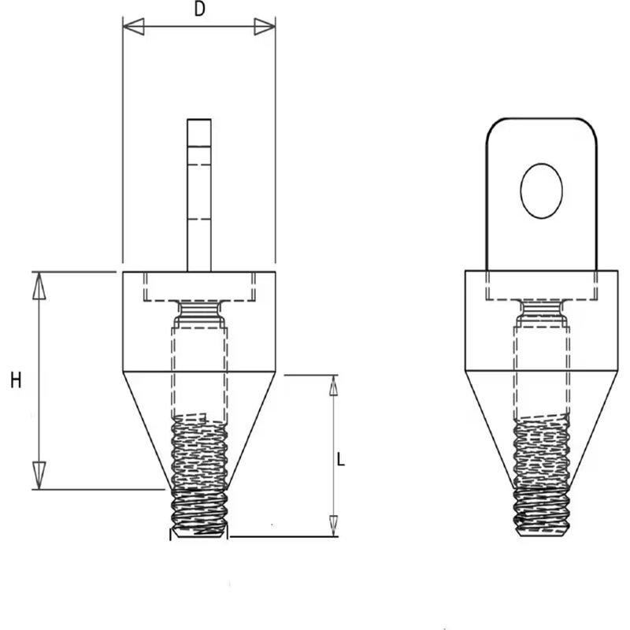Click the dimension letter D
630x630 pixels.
(x=200, y=9)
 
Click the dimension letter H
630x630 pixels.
(x=16, y=380)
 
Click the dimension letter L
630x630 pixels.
(x=341, y=459)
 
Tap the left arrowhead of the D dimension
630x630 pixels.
(x=133, y=27)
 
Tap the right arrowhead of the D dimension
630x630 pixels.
(x=265, y=27)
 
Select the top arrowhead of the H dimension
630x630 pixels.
(x=39, y=286)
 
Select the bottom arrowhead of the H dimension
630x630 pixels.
(x=39, y=476)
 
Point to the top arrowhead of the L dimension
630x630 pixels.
(x=333, y=386)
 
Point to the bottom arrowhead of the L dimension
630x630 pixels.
(x=333, y=526)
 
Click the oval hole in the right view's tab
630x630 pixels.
(x=541, y=191)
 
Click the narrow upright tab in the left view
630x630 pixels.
(x=199, y=195)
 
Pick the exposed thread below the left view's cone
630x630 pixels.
(x=199, y=513)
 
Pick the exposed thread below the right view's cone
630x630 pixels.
(x=542, y=512)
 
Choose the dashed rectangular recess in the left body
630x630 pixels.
(x=200, y=287)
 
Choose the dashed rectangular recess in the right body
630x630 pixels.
(x=542, y=286)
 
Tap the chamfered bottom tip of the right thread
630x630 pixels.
(x=542, y=533)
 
